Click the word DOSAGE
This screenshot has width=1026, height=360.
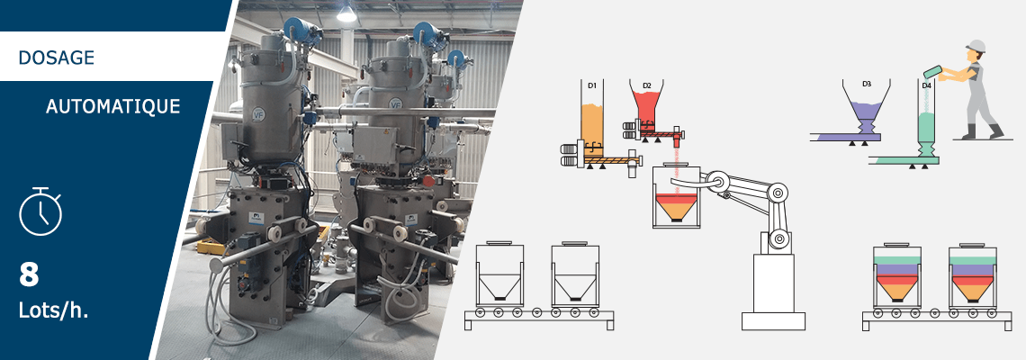click(x=57, y=58)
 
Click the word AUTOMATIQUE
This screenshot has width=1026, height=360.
click(x=113, y=107)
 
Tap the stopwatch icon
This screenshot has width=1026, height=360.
click(x=40, y=211)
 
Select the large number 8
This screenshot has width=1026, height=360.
click(x=29, y=274)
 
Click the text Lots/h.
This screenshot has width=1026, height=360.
click(x=53, y=310)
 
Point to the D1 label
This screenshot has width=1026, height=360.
click(x=591, y=85)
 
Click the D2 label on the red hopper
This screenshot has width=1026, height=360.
click(x=646, y=85)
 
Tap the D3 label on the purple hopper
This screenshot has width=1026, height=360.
click(x=867, y=84)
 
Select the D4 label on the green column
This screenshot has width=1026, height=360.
click(x=926, y=85)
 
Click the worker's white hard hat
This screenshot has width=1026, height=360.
click(x=975, y=46)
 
